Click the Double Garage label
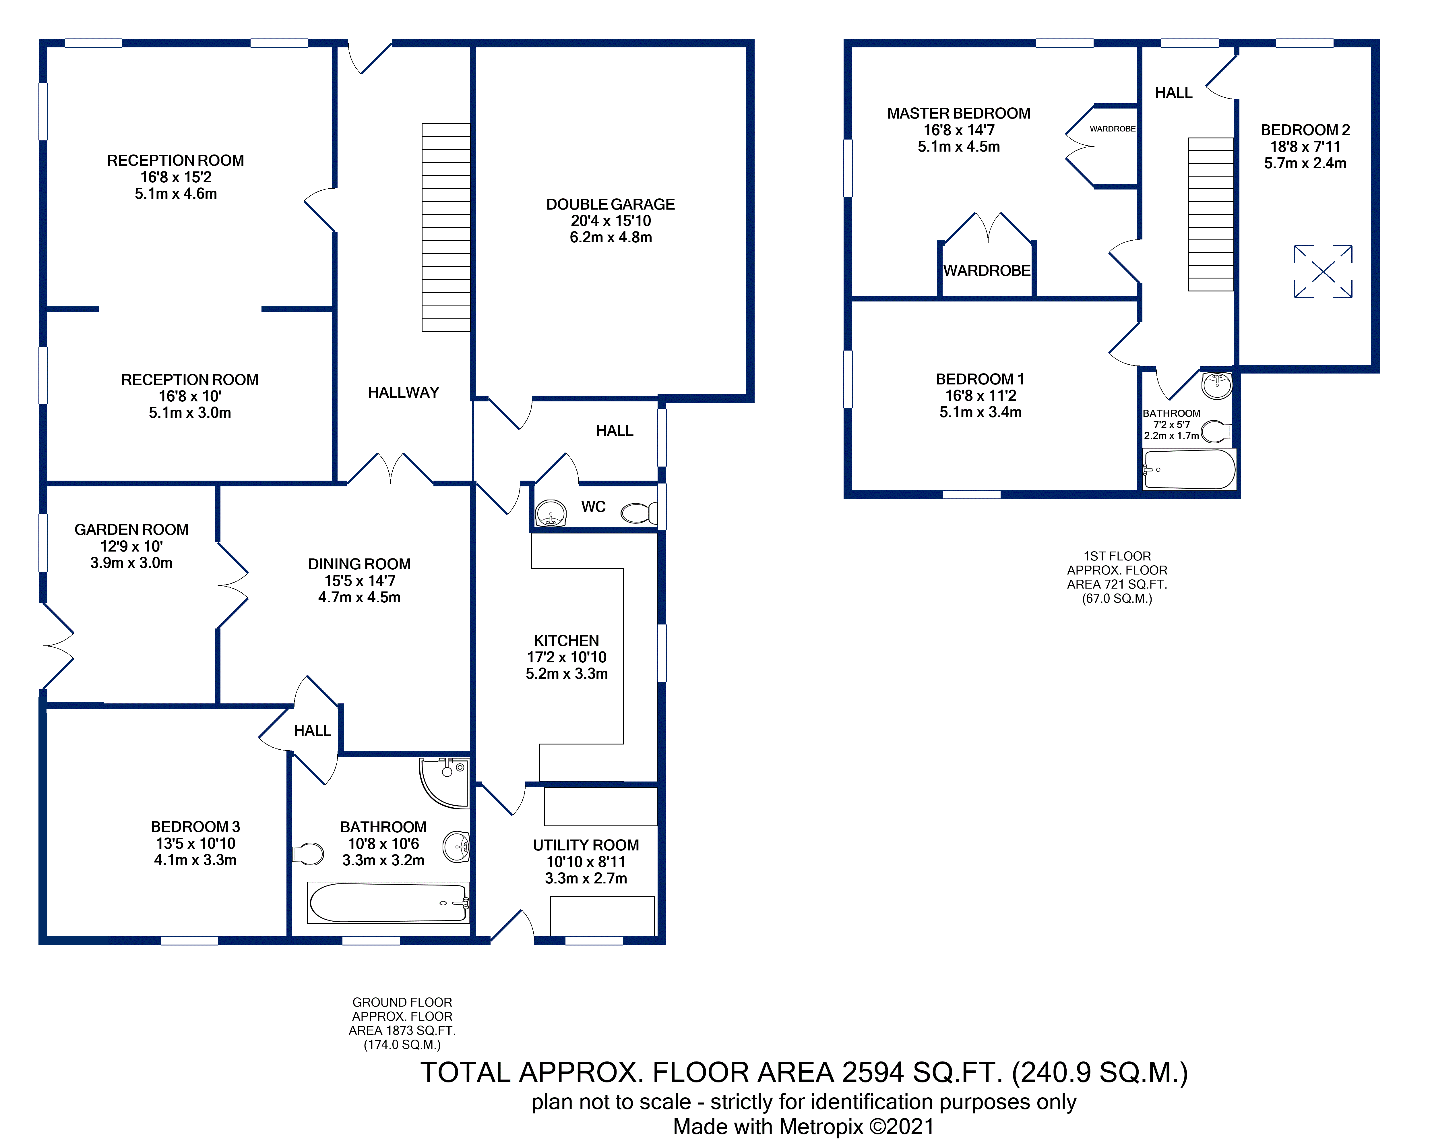pyautogui.click(x=610, y=204)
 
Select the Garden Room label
pyautogui.click(x=131, y=529)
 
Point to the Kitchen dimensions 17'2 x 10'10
pyautogui.click(x=566, y=657)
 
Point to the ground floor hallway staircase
pyautogui.click(x=446, y=228)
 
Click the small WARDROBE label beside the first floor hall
pyautogui.click(x=1112, y=129)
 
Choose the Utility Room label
pyautogui.click(x=586, y=845)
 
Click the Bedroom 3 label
pyautogui.click(x=195, y=827)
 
